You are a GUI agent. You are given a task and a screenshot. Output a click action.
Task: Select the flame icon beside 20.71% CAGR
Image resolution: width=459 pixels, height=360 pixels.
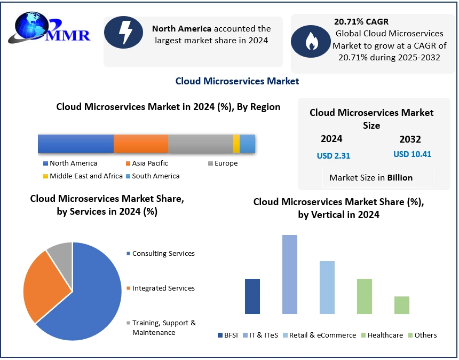pyautogui.click(x=311, y=42)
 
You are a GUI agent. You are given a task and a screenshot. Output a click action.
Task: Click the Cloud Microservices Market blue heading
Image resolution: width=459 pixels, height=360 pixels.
pyautogui.click(x=237, y=81)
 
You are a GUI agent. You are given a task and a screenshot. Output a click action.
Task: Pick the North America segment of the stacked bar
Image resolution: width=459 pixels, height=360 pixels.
pyautogui.click(x=75, y=144)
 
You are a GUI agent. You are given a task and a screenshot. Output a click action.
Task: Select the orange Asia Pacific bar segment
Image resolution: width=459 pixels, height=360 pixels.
pyautogui.click(x=141, y=144)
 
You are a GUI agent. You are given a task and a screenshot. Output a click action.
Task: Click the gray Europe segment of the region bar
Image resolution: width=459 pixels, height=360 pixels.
pyautogui.click(x=200, y=144)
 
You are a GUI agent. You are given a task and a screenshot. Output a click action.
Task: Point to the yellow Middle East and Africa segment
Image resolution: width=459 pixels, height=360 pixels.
pyautogui.click(x=236, y=144)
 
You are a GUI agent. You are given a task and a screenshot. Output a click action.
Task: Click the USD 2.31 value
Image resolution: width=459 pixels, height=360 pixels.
pyautogui.click(x=334, y=155)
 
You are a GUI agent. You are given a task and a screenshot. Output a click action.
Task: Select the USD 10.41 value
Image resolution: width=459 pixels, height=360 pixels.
pyautogui.click(x=412, y=154)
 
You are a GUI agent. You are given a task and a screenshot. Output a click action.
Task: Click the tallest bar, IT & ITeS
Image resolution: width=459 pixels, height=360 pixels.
pyautogui.click(x=290, y=275)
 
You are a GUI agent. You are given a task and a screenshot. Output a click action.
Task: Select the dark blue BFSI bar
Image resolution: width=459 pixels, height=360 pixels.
pyautogui.click(x=252, y=296)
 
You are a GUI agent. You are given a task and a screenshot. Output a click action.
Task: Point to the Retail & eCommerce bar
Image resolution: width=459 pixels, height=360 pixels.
pyautogui.click(x=327, y=287)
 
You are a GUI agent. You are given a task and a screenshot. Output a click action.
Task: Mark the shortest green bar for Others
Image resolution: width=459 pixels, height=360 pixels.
pyautogui.click(x=402, y=305)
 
